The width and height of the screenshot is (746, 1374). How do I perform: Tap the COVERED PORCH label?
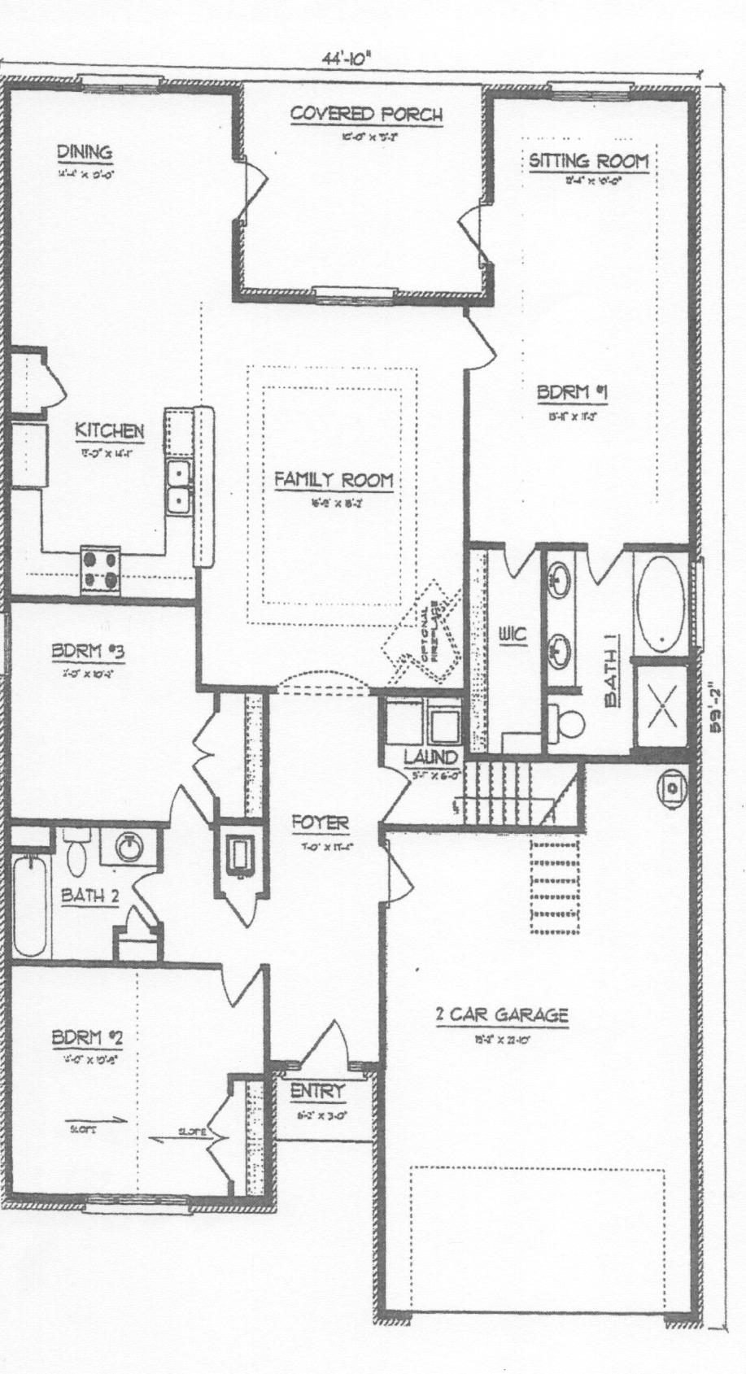point(366,115)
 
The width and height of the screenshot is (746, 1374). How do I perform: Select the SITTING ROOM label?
point(589,161)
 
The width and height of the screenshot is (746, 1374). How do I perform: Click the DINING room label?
point(84,152)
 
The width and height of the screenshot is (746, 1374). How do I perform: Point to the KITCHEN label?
point(110,430)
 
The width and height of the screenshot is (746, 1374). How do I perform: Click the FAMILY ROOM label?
point(334,480)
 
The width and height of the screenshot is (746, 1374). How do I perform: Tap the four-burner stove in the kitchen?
point(101,569)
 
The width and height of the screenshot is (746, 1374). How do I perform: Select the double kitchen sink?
point(177,486)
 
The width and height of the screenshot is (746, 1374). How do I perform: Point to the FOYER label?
point(320,823)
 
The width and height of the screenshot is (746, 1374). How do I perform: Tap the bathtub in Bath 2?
point(30,905)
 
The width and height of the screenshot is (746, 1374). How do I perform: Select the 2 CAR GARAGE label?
point(501,1014)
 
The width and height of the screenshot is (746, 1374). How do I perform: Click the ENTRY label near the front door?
point(318,1092)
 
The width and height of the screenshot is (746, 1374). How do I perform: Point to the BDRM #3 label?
point(87,652)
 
